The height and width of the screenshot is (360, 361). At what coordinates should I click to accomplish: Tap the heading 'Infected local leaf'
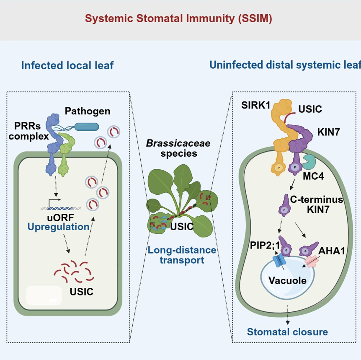tap(67, 66)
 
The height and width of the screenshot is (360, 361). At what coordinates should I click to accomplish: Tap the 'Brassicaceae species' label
tap(178, 148)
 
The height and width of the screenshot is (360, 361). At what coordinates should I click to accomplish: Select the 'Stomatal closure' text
tap(287, 332)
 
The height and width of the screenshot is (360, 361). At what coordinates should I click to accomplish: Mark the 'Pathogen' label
tap(88, 111)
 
